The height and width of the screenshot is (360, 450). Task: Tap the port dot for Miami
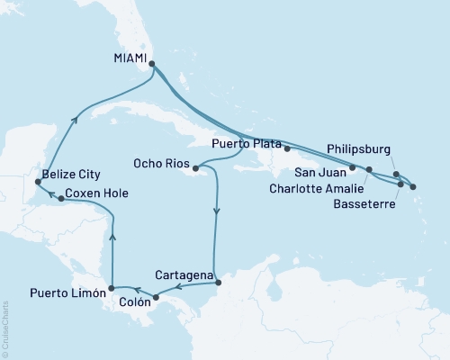151,64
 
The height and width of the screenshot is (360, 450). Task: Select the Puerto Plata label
247,143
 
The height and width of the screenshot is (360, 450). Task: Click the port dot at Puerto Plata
286,148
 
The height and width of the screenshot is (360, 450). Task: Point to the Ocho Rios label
160,166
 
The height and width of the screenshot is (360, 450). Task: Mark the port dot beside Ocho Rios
195,167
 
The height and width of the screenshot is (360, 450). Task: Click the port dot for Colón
156,297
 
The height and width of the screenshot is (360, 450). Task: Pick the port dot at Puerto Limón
110,289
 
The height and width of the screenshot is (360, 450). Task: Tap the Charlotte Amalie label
315,189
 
